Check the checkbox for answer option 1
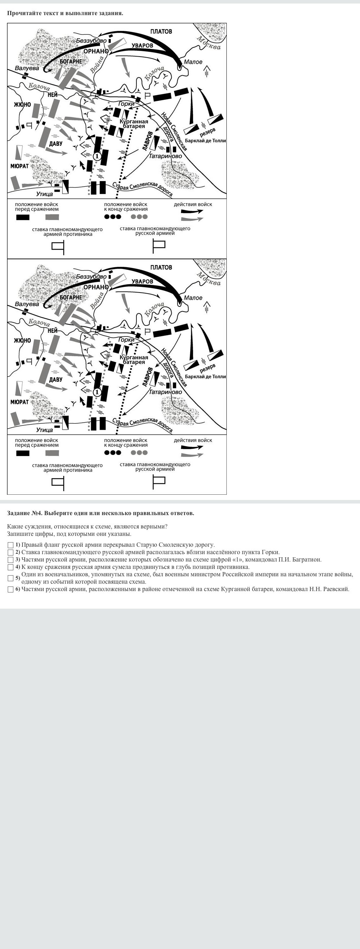coord(10,545)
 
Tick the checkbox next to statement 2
coord(10,552)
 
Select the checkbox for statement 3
coord(10,560)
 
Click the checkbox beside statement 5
coord(10,578)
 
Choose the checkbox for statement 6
coord(10,589)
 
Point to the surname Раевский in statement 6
coord(335,589)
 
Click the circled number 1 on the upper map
coord(97,156)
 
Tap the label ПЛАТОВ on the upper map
coord(161,32)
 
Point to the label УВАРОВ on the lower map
coord(142,281)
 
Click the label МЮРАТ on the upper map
coord(20,166)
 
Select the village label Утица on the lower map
coord(44,430)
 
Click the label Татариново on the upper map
coord(166,156)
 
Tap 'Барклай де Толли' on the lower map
coord(205,377)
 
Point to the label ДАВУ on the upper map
coord(56,144)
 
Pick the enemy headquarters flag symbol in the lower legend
coord(58,483)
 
